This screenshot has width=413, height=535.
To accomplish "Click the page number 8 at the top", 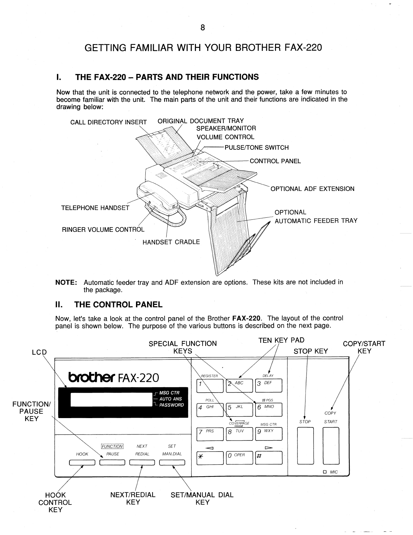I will point(202,27).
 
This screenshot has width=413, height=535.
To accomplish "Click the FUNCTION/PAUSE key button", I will point(112,463).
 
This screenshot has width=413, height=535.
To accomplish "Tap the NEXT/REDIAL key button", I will point(142,463).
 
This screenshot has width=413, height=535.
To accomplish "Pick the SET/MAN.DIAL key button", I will point(172,463).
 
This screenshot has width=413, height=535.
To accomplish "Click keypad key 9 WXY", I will point(269,434).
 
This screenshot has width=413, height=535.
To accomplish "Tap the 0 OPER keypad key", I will point(239,458).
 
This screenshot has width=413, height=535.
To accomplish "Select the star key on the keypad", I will point(210,458).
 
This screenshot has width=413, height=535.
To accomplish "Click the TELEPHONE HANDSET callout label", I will point(95,208).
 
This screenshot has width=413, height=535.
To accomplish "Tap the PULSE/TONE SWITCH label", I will point(256,148).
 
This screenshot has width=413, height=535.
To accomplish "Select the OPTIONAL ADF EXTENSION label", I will point(312,189).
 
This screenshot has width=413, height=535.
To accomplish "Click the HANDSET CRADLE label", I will point(171,242).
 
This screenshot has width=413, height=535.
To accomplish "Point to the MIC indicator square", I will point(324,472).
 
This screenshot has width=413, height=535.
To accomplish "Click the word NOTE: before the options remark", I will point(66,282).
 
